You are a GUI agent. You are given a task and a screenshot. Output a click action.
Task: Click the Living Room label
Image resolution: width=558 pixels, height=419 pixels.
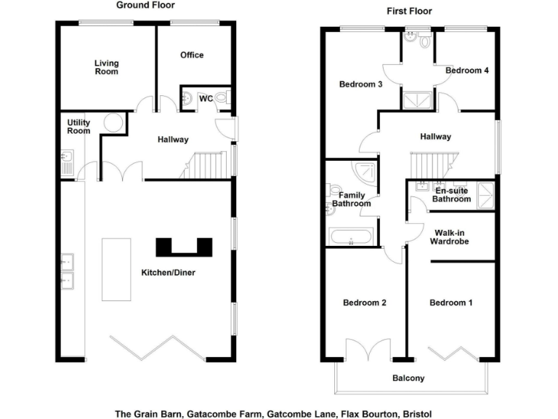[x=106, y=67]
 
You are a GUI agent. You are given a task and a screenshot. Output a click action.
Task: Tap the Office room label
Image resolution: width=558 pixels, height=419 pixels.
[x=192, y=55]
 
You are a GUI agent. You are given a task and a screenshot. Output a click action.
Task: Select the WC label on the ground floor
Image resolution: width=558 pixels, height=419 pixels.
[x=206, y=98]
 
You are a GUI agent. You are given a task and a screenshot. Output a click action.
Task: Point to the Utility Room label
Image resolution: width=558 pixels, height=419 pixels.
[x=78, y=127]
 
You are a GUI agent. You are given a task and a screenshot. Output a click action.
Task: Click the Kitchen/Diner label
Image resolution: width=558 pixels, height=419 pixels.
[x=169, y=272]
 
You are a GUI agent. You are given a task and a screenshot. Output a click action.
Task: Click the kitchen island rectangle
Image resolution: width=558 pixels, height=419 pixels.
[x=116, y=268]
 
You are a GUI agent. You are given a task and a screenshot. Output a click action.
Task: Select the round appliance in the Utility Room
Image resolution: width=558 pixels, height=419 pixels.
[x=113, y=123]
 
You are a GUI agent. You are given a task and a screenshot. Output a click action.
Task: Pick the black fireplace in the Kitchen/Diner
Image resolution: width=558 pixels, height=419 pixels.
[x=184, y=247]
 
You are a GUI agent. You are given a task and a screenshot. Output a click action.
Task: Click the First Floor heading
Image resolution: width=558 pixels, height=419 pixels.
[x=410, y=11]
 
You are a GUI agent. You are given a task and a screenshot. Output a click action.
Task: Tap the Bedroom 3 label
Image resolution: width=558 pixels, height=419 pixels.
[x=360, y=84]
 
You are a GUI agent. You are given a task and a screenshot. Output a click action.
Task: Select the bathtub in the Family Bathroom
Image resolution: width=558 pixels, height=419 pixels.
[x=352, y=236]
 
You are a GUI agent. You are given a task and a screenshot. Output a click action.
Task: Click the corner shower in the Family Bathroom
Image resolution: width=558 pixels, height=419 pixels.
[x=363, y=171]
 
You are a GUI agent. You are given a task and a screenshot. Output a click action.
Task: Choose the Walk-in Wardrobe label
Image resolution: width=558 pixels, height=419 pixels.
[x=451, y=237]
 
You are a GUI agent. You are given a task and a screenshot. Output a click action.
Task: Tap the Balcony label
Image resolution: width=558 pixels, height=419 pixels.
[x=408, y=378]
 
